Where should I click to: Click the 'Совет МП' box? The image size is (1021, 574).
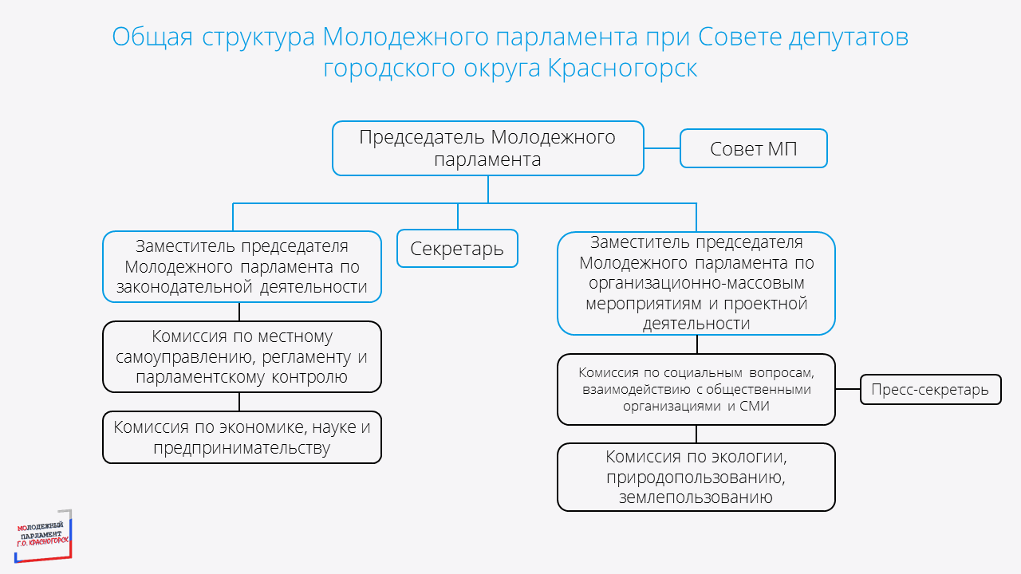click(x=753, y=148)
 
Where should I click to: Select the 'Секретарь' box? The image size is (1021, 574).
click(x=457, y=248)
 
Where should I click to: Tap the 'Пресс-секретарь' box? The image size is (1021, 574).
click(x=930, y=390)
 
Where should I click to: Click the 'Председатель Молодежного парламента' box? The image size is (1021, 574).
click(x=487, y=148)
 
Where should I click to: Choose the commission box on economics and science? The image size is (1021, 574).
click(x=242, y=437)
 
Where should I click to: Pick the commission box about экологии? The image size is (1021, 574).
click(x=696, y=477)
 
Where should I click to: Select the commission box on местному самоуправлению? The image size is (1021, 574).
click(x=242, y=356)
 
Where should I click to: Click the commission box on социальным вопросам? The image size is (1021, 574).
click(x=696, y=389)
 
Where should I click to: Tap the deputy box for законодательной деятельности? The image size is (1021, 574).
click(x=242, y=266)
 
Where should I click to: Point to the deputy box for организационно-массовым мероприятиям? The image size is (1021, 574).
click(x=696, y=282)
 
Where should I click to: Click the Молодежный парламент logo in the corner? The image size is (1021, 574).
click(x=44, y=533)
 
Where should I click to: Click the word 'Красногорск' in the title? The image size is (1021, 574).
click(x=623, y=69)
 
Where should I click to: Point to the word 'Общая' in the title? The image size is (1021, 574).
click(x=152, y=37)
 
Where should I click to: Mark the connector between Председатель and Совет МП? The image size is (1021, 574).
click(x=661, y=148)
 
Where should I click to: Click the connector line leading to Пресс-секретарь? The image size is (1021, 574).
click(x=848, y=390)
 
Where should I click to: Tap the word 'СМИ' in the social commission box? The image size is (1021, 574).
click(x=754, y=406)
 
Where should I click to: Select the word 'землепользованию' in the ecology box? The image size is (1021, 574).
click(x=696, y=497)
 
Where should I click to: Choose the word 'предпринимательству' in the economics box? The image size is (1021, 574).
click(x=242, y=448)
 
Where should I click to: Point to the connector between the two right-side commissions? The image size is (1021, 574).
click(x=696, y=434)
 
